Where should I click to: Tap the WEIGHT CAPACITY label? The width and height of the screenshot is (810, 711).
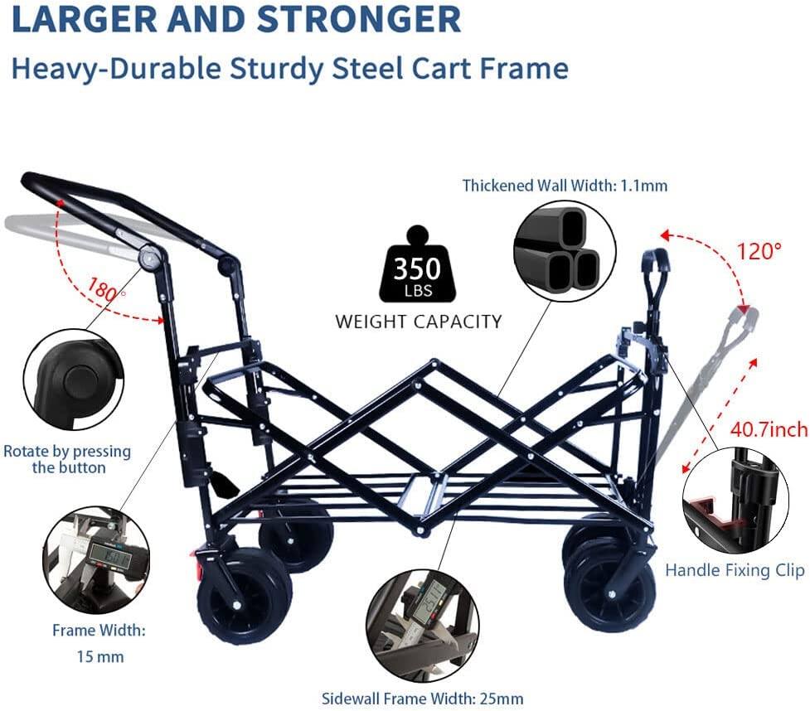point(418,322)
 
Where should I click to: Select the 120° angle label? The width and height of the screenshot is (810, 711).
point(759,251)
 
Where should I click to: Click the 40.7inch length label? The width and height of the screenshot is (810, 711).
point(769,429)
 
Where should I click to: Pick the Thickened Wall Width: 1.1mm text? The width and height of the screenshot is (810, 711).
point(565,186)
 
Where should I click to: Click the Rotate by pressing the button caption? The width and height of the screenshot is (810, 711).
point(67,459)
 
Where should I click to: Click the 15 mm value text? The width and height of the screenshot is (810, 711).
point(99,656)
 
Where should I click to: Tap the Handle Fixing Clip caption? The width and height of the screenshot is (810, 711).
point(735,570)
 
